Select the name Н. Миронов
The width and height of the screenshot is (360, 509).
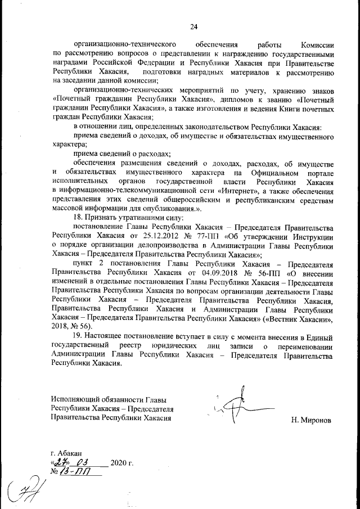tap(312, 420)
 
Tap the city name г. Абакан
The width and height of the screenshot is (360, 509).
tap(66, 453)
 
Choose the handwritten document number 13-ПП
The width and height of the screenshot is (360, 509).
tap(76, 471)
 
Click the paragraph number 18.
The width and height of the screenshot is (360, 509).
tap(78, 218)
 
